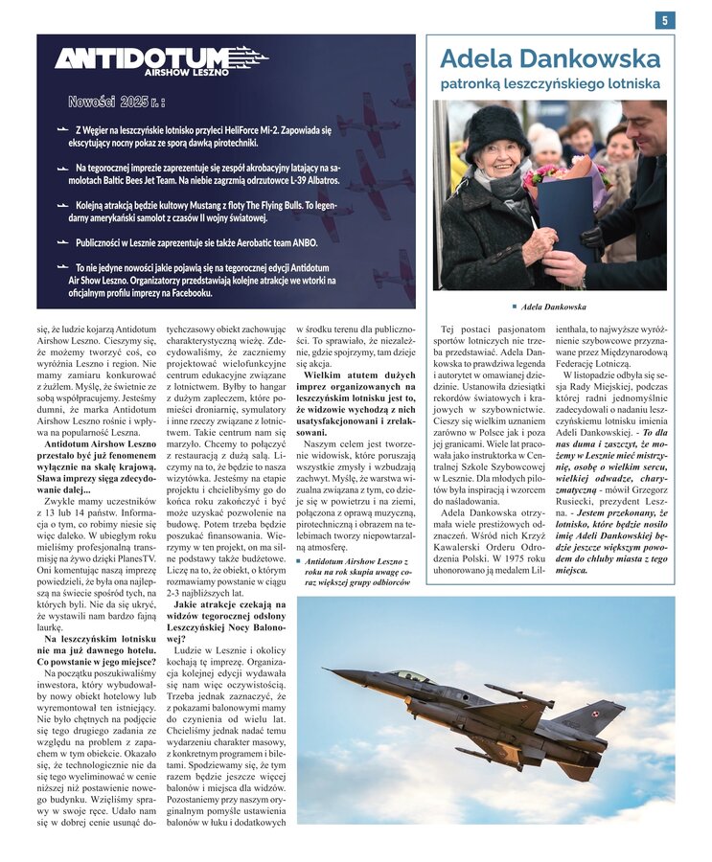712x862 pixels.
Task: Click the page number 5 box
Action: click(665, 20)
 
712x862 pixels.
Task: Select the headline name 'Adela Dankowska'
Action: click(550, 58)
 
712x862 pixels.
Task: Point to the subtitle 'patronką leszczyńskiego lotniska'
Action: click(550, 84)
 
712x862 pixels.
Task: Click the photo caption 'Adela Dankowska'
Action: click(553, 306)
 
